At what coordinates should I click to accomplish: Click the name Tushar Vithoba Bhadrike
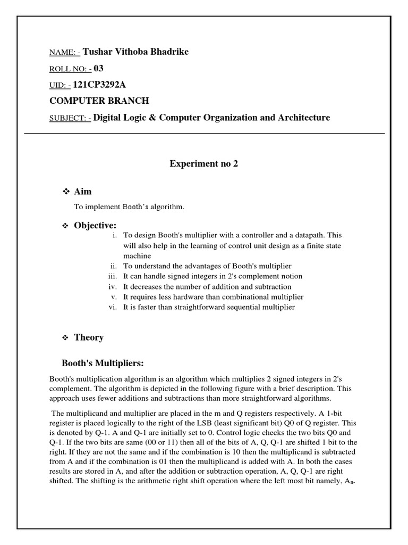(x=135, y=52)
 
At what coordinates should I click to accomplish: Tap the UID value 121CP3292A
(x=107, y=85)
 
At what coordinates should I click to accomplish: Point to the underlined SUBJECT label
(x=68, y=118)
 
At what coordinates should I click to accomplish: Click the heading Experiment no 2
(x=203, y=164)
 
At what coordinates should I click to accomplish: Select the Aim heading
(x=83, y=192)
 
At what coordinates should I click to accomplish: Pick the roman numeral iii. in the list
(x=112, y=276)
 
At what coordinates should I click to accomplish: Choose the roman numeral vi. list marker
(x=112, y=307)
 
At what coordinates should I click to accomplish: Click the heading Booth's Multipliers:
(x=103, y=364)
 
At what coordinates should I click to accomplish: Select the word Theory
(x=89, y=337)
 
